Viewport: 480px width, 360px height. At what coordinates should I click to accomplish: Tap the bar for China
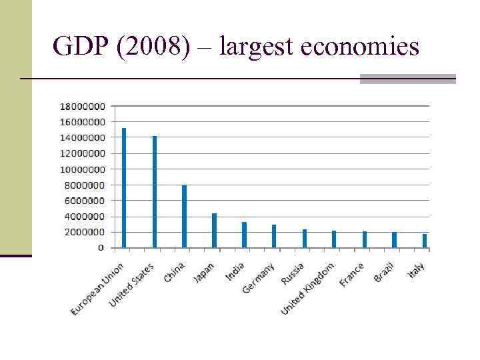(184, 217)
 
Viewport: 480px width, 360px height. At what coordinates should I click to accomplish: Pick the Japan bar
(214, 230)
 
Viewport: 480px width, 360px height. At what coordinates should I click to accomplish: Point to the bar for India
(244, 235)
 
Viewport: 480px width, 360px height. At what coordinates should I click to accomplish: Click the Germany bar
(274, 236)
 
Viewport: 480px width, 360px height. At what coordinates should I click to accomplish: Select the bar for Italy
(425, 241)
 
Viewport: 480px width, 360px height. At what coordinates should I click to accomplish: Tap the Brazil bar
(395, 240)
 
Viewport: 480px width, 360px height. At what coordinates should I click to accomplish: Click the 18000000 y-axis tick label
(82, 106)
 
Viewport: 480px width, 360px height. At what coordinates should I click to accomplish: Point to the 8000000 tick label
(85, 185)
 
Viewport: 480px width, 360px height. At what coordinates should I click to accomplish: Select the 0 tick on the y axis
(101, 247)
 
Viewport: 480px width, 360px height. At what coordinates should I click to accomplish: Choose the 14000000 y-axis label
(82, 137)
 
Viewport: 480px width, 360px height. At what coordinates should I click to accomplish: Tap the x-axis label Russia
(293, 274)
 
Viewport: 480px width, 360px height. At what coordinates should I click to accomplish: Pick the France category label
(351, 275)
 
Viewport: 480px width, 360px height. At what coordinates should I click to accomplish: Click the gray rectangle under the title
(407, 79)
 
